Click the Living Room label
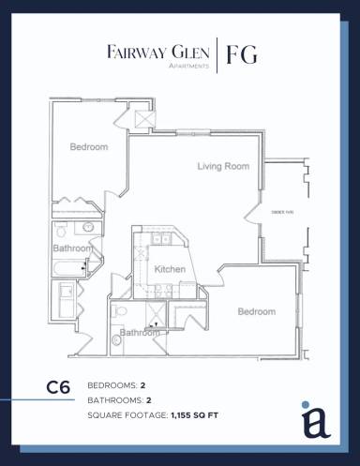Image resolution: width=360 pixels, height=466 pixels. tap(222, 167)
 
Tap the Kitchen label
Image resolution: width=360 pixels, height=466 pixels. tap(170, 270)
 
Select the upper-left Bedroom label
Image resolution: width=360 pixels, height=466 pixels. tap(89, 147)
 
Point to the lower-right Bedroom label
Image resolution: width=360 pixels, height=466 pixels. tap(256, 311)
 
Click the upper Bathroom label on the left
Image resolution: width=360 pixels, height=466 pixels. tap(72, 248)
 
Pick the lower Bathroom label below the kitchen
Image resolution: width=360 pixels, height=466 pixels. tap(139, 332)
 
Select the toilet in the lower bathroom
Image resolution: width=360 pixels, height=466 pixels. tap(118, 309)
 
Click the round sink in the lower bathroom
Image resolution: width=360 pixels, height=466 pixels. tap(117, 338)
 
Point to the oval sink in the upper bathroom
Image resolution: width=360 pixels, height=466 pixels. tap(88, 227)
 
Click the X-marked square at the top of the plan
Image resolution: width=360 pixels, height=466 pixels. tap(144, 119)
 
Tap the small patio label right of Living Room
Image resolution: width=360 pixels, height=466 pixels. tap(282, 212)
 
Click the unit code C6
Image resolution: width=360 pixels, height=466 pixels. tap(59, 386)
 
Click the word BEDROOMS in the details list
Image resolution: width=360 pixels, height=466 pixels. tap(112, 385)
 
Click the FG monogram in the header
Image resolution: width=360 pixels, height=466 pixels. tap(241, 55)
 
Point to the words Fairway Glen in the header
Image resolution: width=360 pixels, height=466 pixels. tap(157, 52)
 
